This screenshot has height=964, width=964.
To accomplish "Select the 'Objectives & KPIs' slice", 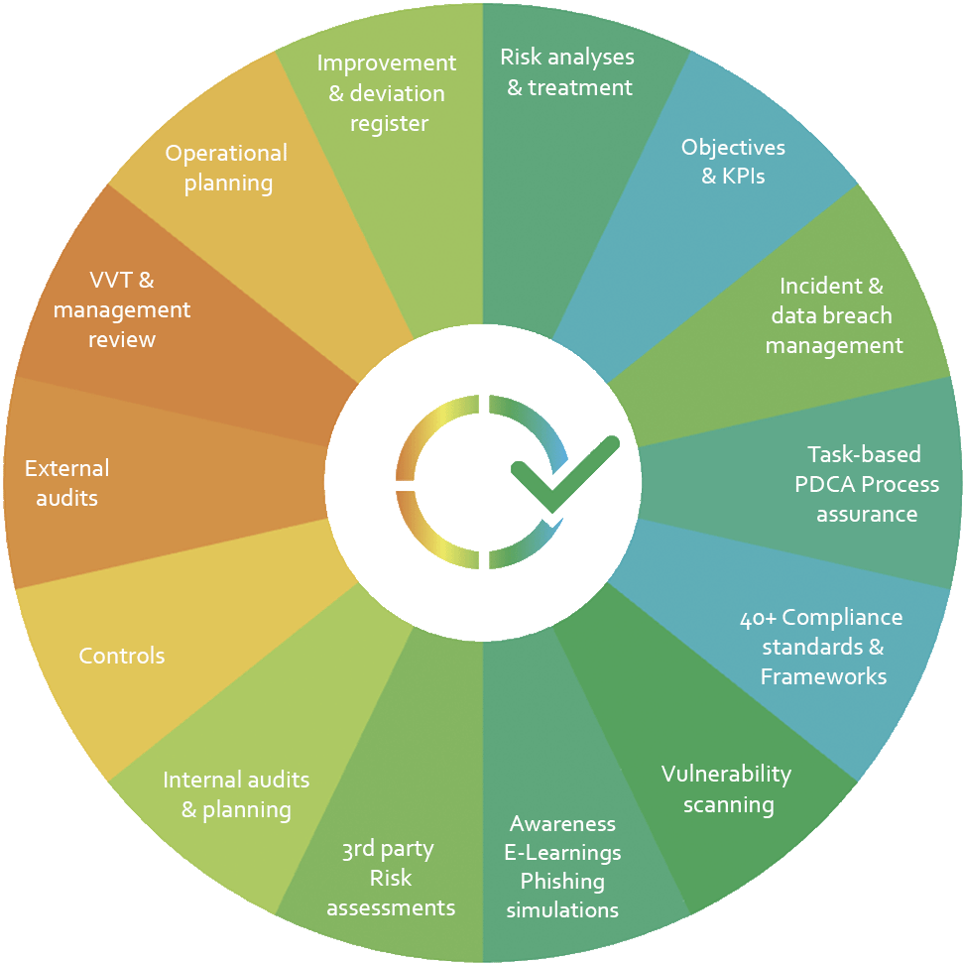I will [x=732, y=162].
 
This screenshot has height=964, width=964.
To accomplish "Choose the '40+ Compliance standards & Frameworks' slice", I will [x=822, y=647].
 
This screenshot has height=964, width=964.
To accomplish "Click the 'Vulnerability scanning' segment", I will [x=726, y=788].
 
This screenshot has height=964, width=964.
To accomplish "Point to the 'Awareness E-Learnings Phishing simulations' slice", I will [x=562, y=866].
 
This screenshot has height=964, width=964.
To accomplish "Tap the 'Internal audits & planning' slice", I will [x=236, y=794].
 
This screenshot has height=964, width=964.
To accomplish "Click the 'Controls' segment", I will [x=121, y=656].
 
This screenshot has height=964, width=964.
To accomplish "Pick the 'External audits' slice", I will [x=67, y=482].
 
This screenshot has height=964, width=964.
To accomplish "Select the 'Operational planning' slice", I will [x=226, y=168].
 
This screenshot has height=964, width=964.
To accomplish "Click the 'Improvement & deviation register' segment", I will [x=386, y=92].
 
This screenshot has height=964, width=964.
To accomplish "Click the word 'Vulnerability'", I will [x=726, y=774].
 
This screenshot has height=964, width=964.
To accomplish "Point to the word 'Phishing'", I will [x=562, y=881].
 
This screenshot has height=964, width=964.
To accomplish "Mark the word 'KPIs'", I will [x=746, y=177].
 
